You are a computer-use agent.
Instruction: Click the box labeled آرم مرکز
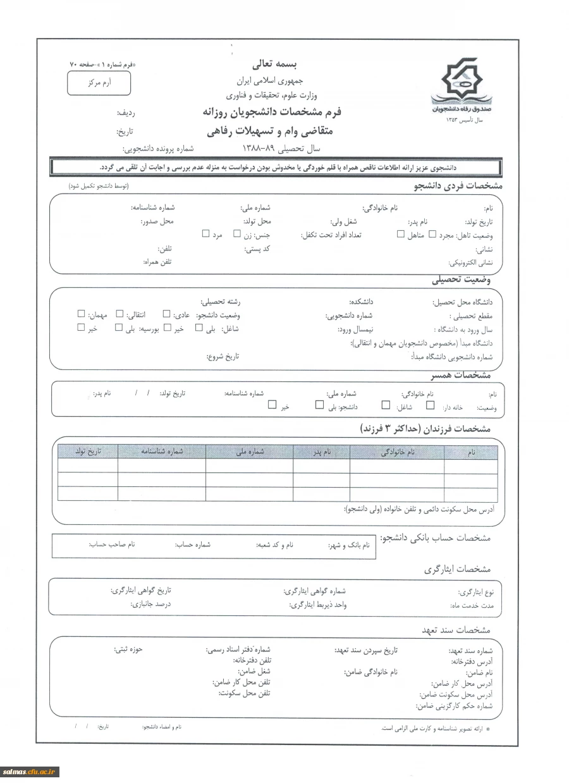[x=99, y=83]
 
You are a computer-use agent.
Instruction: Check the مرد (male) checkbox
[x=205, y=233]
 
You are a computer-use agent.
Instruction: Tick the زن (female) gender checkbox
[x=237, y=233]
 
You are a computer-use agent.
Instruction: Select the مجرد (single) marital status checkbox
[x=432, y=234]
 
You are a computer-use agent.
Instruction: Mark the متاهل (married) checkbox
[x=400, y=234]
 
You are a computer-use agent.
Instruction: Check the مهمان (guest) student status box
[x=81, y=313]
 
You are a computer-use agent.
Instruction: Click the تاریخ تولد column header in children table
[x=88, y=452]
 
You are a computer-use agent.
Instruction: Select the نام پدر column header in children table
[x=321, y=452]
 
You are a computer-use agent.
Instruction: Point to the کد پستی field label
[x=257, y=249]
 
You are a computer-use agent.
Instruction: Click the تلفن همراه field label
[x=157, y=261]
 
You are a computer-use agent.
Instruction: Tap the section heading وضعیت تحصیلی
[x=461, y=280]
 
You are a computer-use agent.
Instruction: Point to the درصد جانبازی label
[x=150, y=604]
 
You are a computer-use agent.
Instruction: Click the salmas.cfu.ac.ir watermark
[x=30, y=771]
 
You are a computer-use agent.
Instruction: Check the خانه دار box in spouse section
[x=431, y=405]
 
